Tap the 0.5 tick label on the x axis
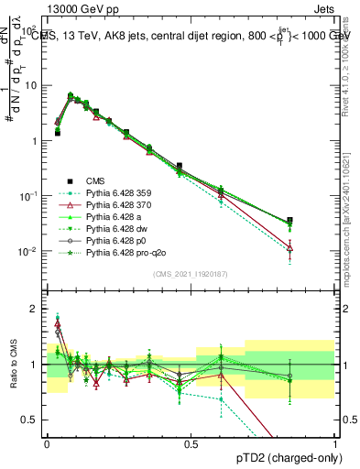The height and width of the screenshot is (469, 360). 191,442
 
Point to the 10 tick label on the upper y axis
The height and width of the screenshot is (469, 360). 30,85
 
